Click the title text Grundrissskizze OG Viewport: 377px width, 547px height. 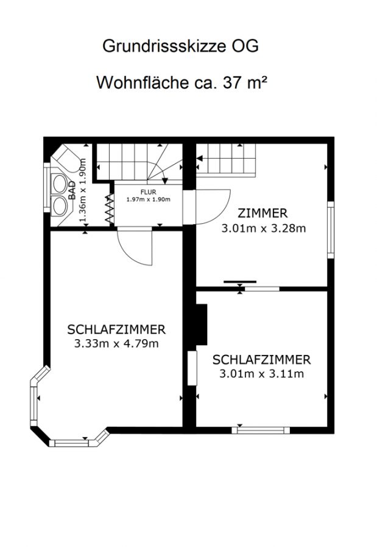[x=180, y=46]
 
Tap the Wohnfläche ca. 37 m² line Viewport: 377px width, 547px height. [x=182, y=82]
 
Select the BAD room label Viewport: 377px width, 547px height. [x=72, y=190]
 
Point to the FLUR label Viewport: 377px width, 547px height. [x=148, y=192]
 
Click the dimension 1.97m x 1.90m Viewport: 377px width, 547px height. [x=148, y=199]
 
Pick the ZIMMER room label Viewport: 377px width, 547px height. [x=262, y=213]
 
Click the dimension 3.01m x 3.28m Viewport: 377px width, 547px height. [x=264, y=228]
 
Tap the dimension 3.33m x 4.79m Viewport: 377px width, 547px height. [x=116, y=343]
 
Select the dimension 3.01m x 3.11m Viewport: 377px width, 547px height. [x=262, y=374]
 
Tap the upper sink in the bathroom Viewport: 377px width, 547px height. [x=59, y=184]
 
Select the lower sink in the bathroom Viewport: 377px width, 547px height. [x=59, y=205]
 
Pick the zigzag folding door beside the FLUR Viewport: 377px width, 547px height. [x=110, y=208]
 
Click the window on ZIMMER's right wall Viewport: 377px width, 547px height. [x=331, y=230]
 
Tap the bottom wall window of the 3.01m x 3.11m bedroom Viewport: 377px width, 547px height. [x=261, y=430]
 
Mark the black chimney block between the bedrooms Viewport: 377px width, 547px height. [x=202, y=325]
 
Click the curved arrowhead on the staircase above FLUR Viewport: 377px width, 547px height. [x=165, y=181]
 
